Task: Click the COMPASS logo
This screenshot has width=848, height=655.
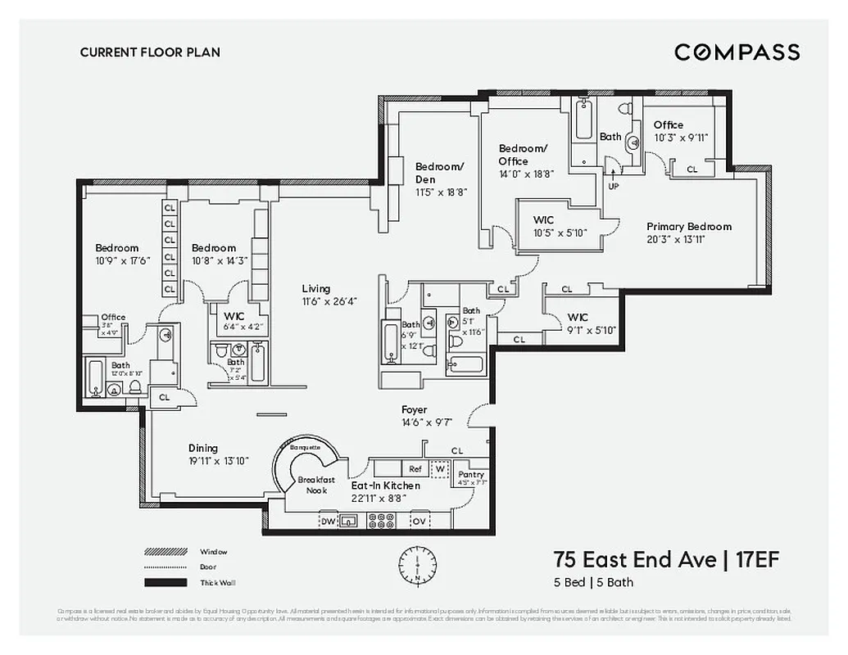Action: pos(737,52)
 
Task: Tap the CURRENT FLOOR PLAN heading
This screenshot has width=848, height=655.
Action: pos(150,52)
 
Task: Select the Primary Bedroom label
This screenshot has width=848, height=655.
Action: pos(688,227)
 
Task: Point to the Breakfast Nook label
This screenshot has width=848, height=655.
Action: pos(316,485)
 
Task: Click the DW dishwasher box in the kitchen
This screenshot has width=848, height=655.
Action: pos(328,521)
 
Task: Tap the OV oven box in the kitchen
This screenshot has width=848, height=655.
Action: pos(419,521)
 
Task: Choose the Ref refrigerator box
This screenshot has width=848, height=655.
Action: pos(415,469)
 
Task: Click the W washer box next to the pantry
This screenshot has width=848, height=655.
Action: pos(441,469)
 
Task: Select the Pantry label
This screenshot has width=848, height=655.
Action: pos(472,474)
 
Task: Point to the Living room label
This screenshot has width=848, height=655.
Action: pos(315,288)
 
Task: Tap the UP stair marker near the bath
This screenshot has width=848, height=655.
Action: pos(614,186)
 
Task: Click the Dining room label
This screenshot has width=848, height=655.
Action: pos(203,448)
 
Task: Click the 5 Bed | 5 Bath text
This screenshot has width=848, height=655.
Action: pos(594,583)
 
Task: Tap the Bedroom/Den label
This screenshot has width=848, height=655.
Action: pos(439,172)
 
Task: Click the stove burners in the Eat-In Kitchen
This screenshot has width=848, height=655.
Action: pos(380,521)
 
